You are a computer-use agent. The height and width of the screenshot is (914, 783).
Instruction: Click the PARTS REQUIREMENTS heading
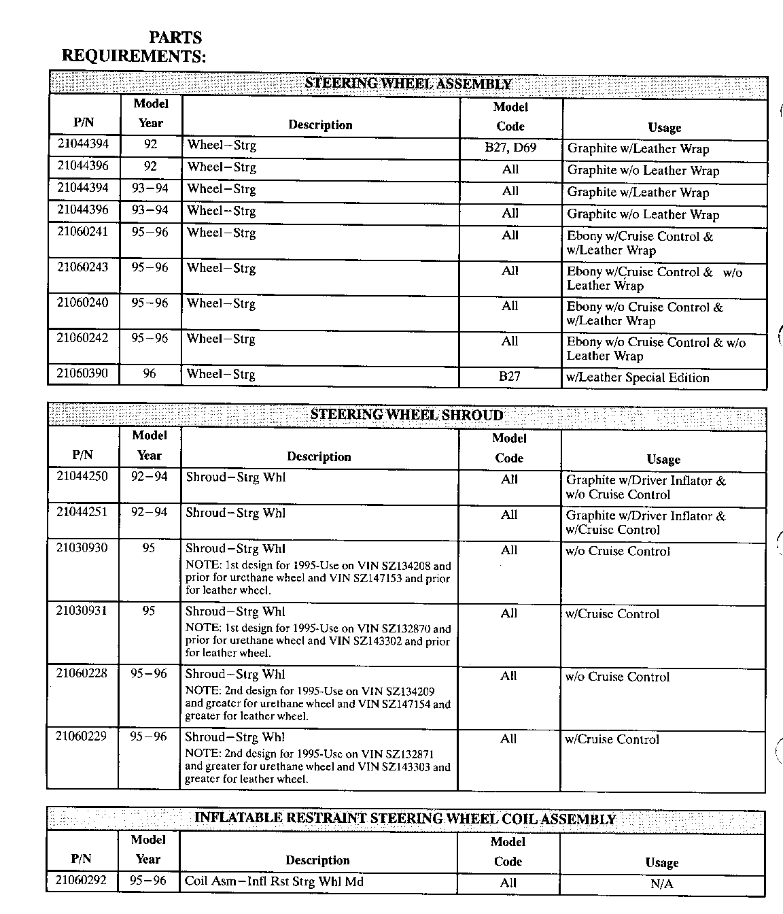(x=134, y=47)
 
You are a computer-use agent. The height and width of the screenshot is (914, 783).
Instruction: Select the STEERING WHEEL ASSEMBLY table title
(x=408, y=84)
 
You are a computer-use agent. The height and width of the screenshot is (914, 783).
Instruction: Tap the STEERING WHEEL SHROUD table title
(x=406, y=415)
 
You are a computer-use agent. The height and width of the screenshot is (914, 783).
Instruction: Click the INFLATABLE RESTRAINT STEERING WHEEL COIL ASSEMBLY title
(x=405, y=818)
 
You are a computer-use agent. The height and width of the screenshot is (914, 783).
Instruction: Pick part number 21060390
(x=82, y=373)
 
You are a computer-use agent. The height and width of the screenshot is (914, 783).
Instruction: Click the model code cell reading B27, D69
(x=510, y=147)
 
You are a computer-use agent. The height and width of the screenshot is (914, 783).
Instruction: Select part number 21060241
(x=82, y=232)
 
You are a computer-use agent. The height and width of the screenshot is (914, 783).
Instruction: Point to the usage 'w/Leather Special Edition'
(x=638, y=378)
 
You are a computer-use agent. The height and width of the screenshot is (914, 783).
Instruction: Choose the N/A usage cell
(x=661, y=884)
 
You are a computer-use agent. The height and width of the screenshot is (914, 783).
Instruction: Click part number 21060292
(x=81, y=881)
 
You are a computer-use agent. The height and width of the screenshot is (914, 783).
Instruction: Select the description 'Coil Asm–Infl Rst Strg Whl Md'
(x=274, y=881)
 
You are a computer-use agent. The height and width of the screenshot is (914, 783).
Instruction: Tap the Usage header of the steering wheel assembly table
(x=664, y=128)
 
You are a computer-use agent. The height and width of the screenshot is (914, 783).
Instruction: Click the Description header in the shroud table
(x=319, y=457)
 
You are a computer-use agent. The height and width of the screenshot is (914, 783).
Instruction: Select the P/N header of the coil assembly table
(x=81, y=859)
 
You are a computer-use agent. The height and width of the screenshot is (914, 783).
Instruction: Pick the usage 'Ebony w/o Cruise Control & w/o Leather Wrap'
(x=656, y=349)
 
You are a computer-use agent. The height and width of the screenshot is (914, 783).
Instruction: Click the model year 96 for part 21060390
(x=150, y=373)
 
